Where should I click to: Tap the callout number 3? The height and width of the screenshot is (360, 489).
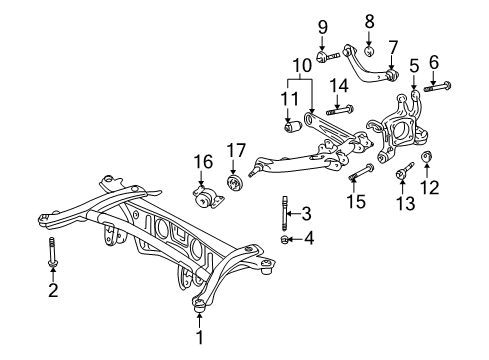tap(307, 213)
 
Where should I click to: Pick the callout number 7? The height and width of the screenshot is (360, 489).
tap(392, 45)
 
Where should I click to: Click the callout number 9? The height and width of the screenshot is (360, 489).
tap(322, 26)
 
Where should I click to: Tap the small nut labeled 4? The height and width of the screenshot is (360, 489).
tap(287, 240)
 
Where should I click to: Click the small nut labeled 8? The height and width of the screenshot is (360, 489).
tap(369, 50)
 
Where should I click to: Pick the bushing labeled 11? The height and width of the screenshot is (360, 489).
tap(293, 126)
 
